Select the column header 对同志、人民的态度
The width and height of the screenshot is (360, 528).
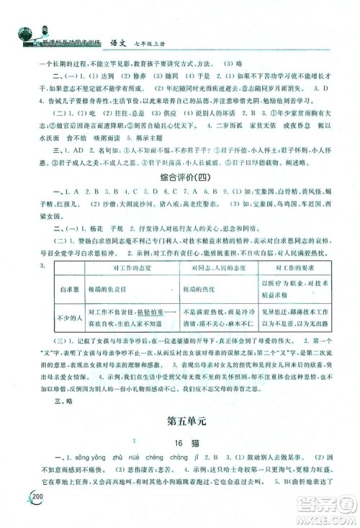[217, 269]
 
